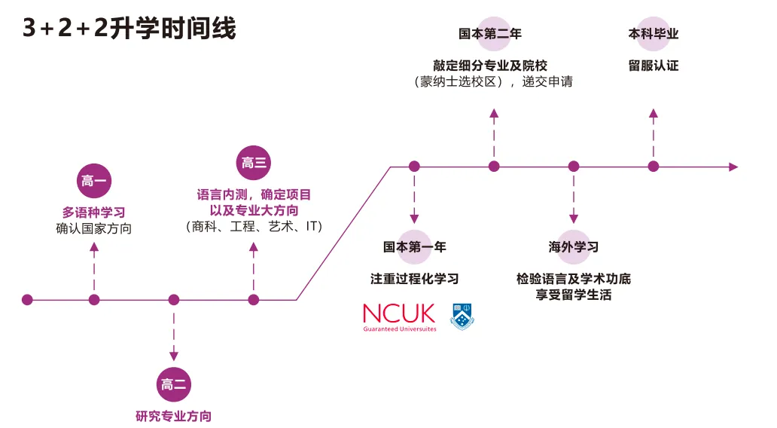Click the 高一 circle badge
point(94,181)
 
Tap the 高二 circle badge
point(174,384)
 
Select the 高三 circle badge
point(254,163)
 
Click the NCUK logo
point(399,316)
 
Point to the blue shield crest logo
point(462,316)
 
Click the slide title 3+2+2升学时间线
point(129,28)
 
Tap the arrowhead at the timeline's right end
point(733,167)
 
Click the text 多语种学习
point(94,212)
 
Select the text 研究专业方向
point(174,415)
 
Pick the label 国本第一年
point(414,246)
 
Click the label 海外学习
point(574,246)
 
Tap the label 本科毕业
point(654,34)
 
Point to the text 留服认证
point(654,66)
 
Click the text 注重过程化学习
point(414,279)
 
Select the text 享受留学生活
point(574,295)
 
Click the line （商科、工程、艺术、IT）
point(254,226)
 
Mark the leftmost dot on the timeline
point(28,300)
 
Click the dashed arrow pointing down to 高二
point(174,332)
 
